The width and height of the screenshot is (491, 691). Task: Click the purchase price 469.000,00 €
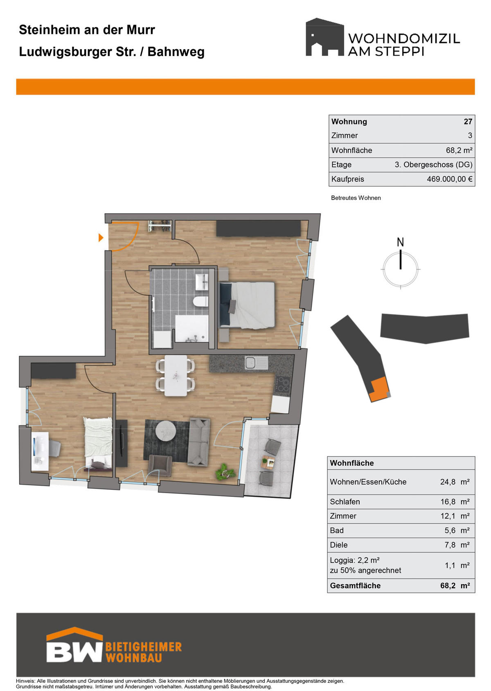tap(449, 179)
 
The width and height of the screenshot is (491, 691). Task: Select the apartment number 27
tap(468, 122)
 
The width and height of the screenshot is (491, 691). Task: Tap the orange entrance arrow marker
tap(101, 237)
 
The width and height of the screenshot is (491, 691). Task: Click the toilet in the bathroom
tap(201, 301)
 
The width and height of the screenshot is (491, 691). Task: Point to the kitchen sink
tap(256, 362)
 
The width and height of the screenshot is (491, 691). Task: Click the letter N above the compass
tap(400, 242)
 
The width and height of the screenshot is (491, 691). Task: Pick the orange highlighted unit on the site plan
tap(379, 389)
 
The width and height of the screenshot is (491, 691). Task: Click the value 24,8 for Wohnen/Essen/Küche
tap(448, 482)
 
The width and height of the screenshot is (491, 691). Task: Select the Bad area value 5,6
tap(450, 530)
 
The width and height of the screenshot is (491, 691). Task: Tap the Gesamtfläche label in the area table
tap(355, 585)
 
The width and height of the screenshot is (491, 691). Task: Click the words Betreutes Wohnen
tap(356, 198)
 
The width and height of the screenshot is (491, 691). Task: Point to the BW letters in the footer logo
tap(74, 652)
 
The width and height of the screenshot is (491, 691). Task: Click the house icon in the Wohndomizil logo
tap(324, 37)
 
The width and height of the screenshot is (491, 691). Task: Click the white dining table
tap(176, 376)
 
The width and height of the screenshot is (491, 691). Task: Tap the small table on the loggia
tap(268, 462)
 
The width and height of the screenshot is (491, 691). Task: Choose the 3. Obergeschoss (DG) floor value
tap(433, 165)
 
